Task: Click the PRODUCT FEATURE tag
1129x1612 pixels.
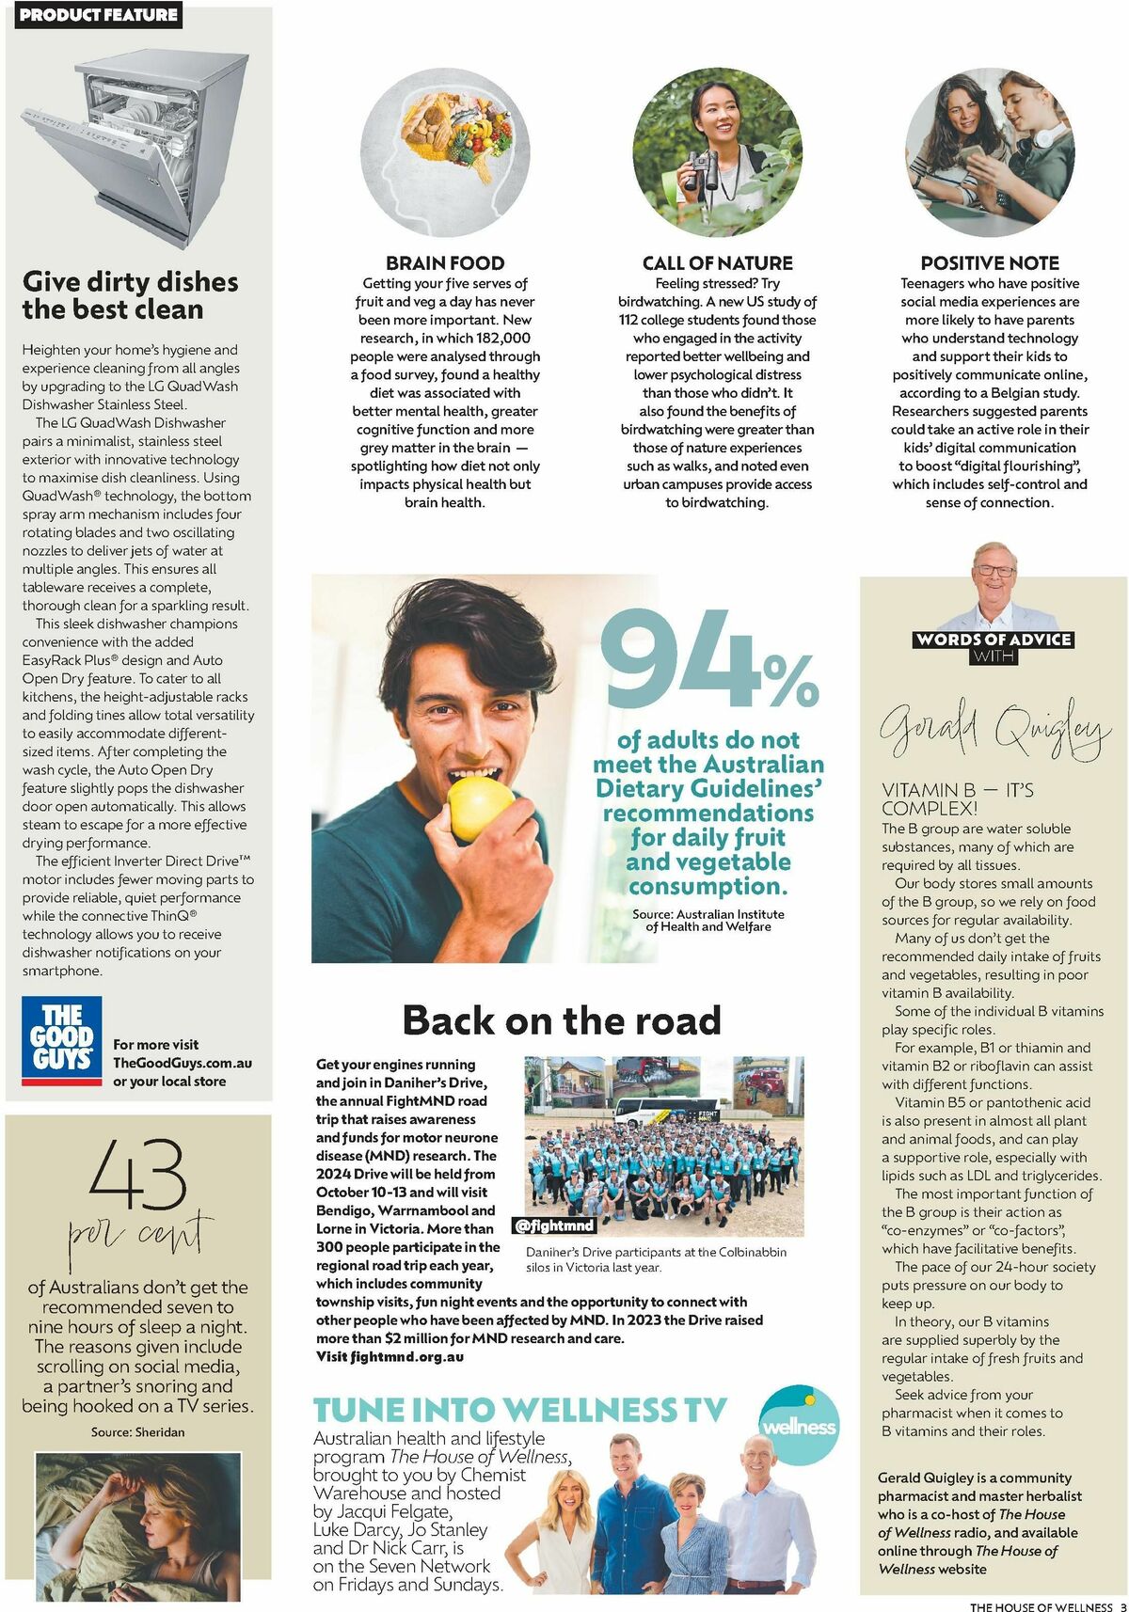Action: (99, 15)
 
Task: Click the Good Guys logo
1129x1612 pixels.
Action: (62, 1041)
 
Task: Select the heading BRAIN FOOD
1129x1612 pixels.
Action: (445, 263)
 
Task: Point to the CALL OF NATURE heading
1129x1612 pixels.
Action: (717, 263)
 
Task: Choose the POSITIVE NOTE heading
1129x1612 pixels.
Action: (989, 263)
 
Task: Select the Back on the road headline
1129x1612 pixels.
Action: (562, 1020)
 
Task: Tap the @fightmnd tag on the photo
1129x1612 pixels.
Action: (554, 1225)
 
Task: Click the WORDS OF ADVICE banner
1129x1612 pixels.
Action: (994, 640)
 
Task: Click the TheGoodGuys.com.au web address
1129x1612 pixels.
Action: (183, 1063)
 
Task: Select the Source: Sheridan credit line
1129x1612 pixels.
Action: (138, 1431)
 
